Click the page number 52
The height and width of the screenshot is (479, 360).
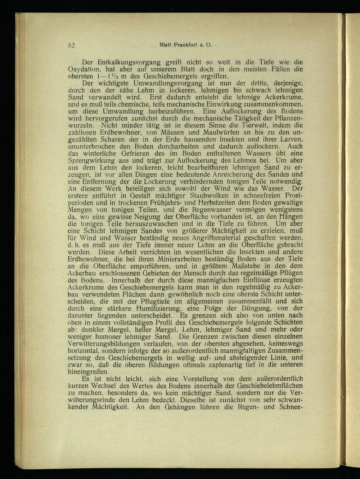pyautogui.click(x=71, y=45)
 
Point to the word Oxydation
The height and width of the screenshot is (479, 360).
pyautogui.click(x=84, y=69)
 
